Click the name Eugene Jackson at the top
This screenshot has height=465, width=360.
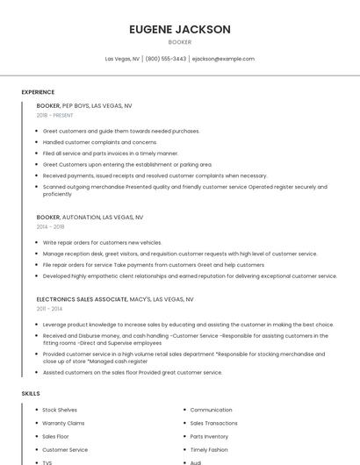pos(179,29)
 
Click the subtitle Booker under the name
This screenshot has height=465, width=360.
pos(179,42)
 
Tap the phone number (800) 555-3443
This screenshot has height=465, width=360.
pos(166,59)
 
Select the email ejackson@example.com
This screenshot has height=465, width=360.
pos(223,59)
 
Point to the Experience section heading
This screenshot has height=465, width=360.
pos(38,92)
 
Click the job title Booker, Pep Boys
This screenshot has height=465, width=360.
pos(84,105)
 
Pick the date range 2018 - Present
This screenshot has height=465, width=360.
pos(55,115)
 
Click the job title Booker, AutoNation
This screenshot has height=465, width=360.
pos(90,217)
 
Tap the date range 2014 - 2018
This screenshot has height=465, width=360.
pos(50,226)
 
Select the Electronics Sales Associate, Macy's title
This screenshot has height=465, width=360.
pos(115,299)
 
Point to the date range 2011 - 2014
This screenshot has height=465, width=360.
pos(50,309)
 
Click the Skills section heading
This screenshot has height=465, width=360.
pos(31,394)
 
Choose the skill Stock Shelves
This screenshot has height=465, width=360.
pos(60,410)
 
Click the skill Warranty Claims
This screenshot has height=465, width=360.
pos(63,423)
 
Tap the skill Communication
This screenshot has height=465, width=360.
pos(211,410)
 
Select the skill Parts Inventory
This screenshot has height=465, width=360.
pos(209,436)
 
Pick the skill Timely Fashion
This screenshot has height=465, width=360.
pos(208,449)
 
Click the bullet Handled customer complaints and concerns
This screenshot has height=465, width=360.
pos(100,142)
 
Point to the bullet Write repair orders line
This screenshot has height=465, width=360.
pos(102,242)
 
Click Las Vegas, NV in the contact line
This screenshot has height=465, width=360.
pos(122,59)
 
